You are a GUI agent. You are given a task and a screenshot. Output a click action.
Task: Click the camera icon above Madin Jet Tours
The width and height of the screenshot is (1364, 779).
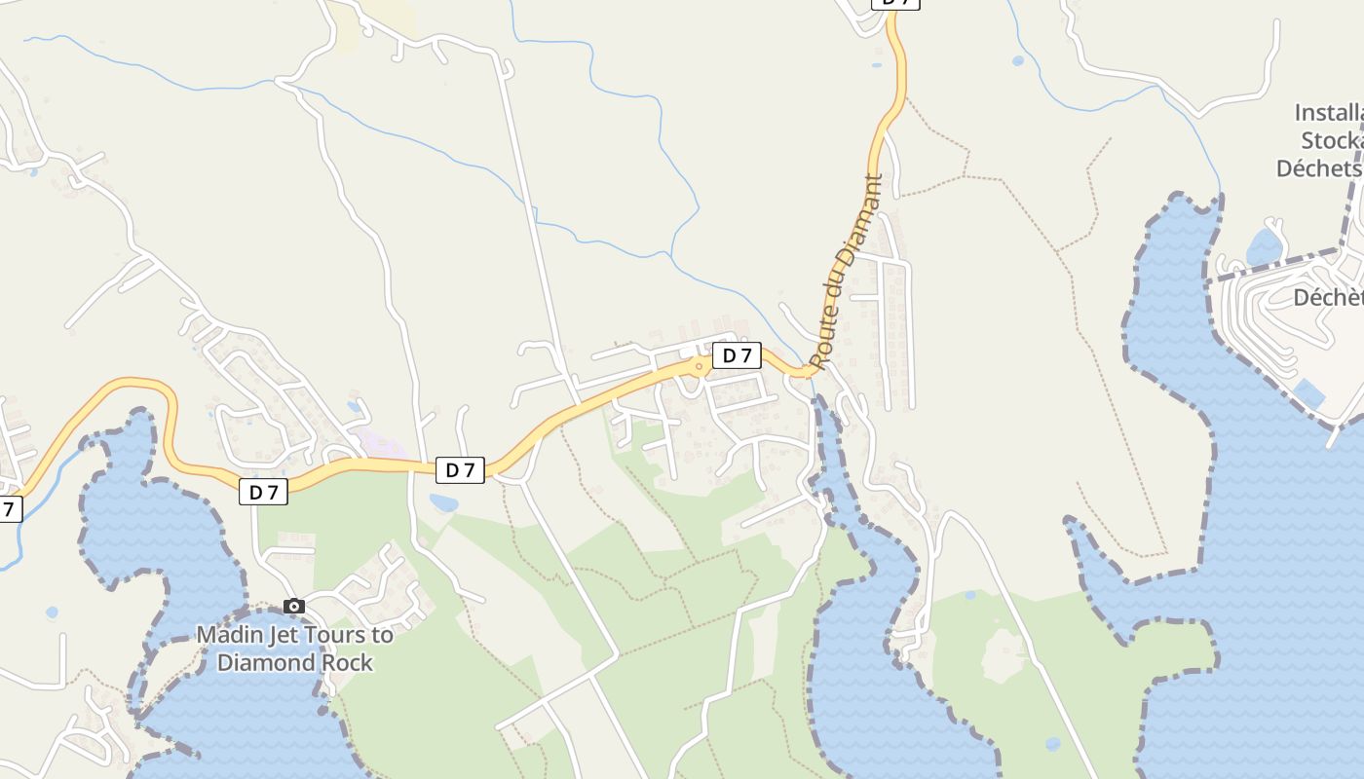click(x=294, y=607)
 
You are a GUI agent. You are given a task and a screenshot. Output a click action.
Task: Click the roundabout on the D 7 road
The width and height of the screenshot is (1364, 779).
click(x=699, y=366)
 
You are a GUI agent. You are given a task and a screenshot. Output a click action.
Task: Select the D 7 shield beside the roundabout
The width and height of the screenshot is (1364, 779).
click(x=737, y=355)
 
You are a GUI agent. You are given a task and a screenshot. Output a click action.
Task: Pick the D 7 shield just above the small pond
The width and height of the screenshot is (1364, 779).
click(x=460, y=470)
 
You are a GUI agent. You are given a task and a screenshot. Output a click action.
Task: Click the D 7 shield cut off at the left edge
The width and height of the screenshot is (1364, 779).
click(x=9, y=508)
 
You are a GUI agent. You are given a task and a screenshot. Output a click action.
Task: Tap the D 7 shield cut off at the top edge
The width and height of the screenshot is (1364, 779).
click(x=895, y=3)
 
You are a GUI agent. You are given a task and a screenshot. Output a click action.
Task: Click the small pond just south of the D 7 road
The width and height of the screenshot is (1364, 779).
click(x=443, y=503)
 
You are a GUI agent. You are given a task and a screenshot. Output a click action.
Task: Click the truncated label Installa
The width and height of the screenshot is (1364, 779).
click(x=1329, y=112)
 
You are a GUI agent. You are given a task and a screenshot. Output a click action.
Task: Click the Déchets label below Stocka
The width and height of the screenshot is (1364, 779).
click(x=1319, y=167)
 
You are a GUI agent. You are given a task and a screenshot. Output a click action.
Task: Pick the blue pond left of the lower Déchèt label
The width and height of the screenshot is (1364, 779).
click(x=1265, y=246)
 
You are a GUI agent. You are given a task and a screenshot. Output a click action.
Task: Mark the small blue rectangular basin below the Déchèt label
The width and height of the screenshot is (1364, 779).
click(x=1309, y=393)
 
